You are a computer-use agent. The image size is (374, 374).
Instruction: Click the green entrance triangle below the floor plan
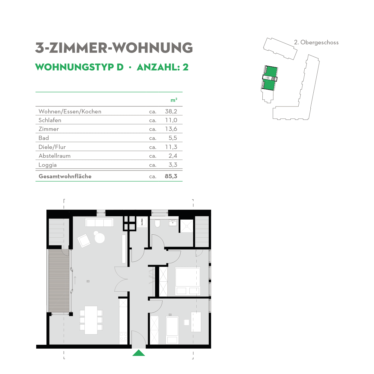coord(139,353)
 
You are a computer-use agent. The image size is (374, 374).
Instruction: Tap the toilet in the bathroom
coord(157,223)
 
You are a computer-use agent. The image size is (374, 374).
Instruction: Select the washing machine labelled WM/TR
coord(142,222)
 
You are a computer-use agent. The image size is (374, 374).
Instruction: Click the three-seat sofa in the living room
coord(99,223)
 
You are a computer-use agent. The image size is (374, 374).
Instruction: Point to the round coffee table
coord(99,238)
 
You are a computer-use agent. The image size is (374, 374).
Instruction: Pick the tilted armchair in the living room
coord(84,241)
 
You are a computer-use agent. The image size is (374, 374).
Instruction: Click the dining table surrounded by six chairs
coord(91,320)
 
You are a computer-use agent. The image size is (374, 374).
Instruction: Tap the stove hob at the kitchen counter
coord(123,337)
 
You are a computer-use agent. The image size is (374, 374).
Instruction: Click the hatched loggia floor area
coord(59,280)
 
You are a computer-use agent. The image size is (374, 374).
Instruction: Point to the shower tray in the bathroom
coord(186,226)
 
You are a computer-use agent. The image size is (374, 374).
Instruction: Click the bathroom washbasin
coord(173,223)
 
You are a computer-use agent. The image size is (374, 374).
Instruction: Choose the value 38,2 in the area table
coord(171,111)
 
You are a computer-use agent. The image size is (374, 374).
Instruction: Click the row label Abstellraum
coord(55,156)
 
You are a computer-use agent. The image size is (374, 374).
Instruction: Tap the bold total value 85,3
coord(171,176)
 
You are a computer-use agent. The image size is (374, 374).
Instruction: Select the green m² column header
coord(174,100)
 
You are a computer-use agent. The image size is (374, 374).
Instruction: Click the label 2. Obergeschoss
coord(316,43)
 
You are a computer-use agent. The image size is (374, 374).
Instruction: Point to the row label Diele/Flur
coord(52,147)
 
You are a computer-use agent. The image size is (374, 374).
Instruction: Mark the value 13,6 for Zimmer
coord(171,129)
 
